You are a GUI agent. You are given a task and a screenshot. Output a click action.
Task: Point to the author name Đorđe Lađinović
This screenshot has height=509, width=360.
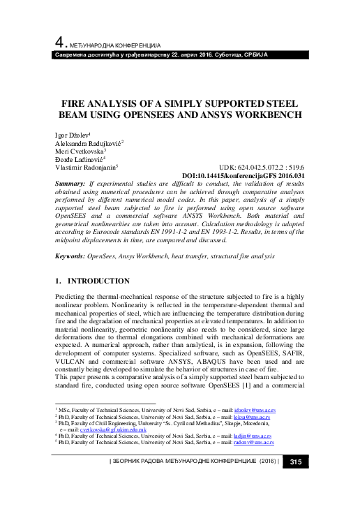(x=79, y=159)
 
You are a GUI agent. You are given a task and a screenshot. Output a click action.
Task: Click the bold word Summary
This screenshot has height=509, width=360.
(x=70, y=183)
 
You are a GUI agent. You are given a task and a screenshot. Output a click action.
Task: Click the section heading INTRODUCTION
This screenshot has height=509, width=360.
(x=98, y=281)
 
